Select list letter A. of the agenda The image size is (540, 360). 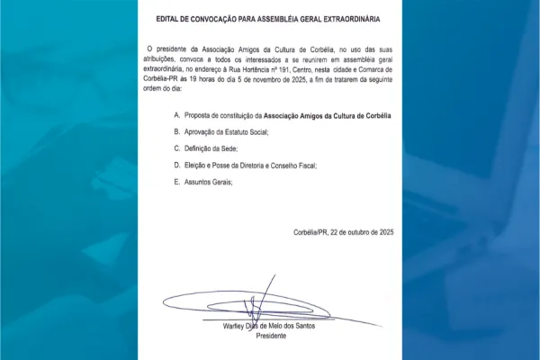coord(177,116)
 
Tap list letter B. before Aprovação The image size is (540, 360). coord(177,132)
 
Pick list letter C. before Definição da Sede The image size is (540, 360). coord(177,148)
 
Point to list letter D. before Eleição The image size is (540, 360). coord(177,166)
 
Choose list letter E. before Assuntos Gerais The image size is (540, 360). coord(177,182)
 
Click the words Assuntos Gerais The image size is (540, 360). coord(209,182)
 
